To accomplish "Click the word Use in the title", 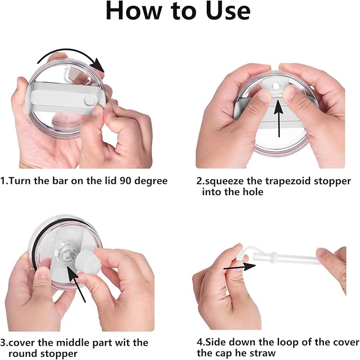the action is point(227,11).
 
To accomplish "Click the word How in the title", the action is point(134,11).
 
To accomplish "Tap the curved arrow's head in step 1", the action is point(98,65).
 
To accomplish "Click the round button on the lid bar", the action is point(90,101).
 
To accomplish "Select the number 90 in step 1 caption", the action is point(125,181).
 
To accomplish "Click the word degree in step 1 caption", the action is point(151,181).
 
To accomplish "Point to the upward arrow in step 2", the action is point(278,118).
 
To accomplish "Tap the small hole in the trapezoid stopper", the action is point(275,86).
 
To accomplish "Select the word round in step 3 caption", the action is point(23,354).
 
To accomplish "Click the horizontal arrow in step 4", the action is point(240,267).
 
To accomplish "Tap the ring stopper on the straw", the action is point(274,258).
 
